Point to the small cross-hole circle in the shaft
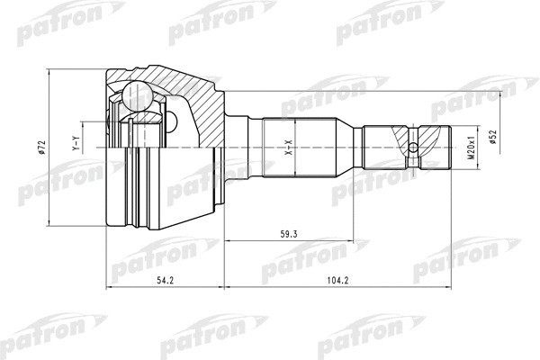coord(413,148)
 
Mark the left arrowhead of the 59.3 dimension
coord(227,241)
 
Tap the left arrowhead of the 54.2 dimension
coord(110,289)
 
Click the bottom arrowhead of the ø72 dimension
coord(52,220)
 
